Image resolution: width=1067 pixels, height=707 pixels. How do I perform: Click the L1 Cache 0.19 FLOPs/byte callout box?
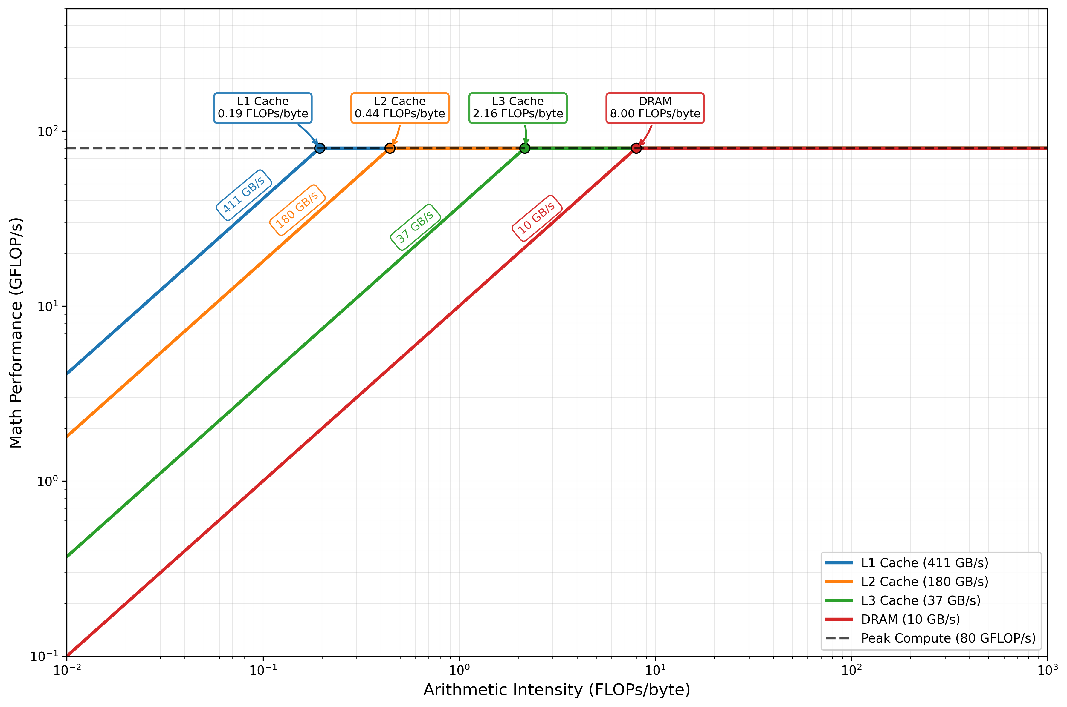pos(263,108)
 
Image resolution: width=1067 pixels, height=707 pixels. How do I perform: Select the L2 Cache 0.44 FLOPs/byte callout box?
pos(399,108)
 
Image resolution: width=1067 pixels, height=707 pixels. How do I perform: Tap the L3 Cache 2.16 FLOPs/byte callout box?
pos(518,108)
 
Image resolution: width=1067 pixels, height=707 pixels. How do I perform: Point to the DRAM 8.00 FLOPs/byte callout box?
pos(655,108)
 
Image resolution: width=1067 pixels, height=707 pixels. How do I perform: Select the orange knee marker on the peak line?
pos(390,148)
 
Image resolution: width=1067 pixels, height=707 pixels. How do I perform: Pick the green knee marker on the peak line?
pos(524,148)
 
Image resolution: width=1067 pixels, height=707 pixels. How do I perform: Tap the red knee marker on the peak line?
pos(636,148)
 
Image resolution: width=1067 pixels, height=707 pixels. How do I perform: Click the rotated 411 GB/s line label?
pos(244,195)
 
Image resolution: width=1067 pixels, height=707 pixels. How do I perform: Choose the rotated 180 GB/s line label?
pos(297,210)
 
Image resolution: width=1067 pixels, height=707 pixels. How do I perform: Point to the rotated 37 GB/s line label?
pos(415,227)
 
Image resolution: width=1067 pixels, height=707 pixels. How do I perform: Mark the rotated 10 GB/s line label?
pos(537,218)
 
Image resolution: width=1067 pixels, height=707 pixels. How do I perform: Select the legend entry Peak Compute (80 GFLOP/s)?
pos(948,638)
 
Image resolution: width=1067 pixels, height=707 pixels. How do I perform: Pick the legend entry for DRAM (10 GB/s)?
pos(910,620)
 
